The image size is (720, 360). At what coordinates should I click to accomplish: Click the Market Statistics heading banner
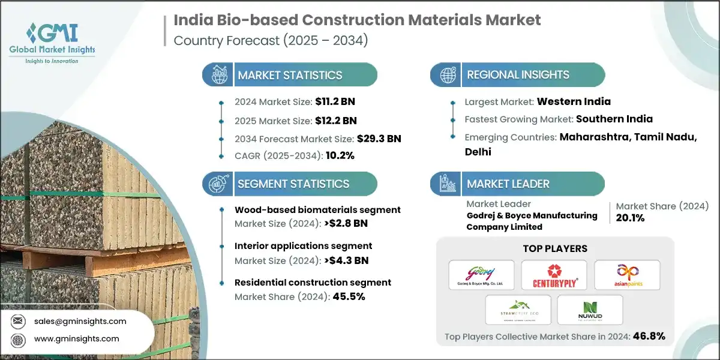(290, 75)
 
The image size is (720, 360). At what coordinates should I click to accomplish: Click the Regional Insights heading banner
(518, 75)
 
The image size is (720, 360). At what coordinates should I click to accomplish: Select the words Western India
(574, 101)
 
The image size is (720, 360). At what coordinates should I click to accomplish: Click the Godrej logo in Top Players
(481, 275)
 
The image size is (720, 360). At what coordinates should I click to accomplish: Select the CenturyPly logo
(554, 275)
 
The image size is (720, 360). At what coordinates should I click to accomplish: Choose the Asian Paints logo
(627, 275)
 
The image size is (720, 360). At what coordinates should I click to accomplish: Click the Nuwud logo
(590, 310)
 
